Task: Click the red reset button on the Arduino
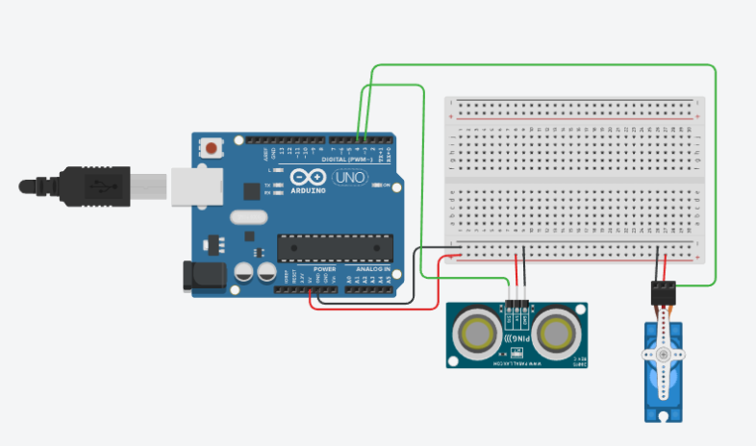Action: click(211, 148)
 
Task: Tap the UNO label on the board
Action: click(347, 178)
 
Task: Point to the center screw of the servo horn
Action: click(663, 356)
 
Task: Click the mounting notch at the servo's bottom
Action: click(663, 416)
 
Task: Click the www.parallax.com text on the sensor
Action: click(517, 364)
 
